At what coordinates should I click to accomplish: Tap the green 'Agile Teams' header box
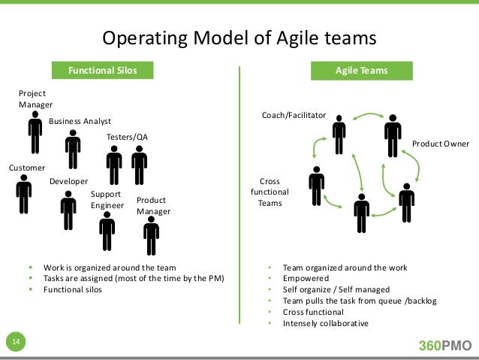tap(361, 71)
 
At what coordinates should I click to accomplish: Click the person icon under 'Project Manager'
tap(35, 135)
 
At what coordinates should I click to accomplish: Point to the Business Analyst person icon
tap(73, 150)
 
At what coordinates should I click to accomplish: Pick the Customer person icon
tap(24, 194)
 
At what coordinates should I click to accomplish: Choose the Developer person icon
tap(68, 210)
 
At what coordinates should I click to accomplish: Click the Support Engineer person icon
tap(107, 231)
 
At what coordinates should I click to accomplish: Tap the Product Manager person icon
tap(151, 237)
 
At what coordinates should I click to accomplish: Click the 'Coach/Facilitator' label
tap(294, 116)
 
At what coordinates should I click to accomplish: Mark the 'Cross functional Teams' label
tap(269, 192)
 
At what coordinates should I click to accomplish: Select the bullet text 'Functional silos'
tap(74, 288)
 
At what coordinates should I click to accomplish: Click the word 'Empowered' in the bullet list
tap(304, 277)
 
